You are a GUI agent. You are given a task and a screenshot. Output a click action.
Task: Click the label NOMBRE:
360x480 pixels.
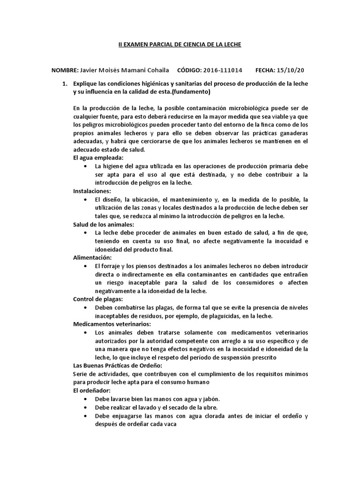pos(65,70)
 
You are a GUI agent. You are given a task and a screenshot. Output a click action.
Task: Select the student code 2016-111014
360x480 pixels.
pos(222,70)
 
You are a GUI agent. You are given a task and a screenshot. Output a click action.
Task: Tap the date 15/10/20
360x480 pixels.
pos(291,70)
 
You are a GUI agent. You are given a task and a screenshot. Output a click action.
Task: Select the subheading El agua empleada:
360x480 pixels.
pos(98,158)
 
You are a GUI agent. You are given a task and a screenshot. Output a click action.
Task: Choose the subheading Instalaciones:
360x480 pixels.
pos(92,191)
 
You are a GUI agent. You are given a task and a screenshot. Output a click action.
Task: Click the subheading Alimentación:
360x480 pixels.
pos(92,258)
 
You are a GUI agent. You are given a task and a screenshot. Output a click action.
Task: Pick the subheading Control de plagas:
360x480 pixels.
pos(98,299)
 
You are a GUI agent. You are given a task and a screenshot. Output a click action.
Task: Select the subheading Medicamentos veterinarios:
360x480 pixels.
pos(112,324)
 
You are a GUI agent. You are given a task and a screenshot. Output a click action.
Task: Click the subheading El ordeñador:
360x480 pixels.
pos(92,390)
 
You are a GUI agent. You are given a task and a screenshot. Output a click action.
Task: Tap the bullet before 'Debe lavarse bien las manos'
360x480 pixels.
pos(84,399)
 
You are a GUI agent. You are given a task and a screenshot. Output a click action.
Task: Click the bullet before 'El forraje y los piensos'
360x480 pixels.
pos(84,266)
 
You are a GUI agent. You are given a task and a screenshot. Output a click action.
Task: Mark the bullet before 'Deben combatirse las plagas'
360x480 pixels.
pos(84,307)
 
